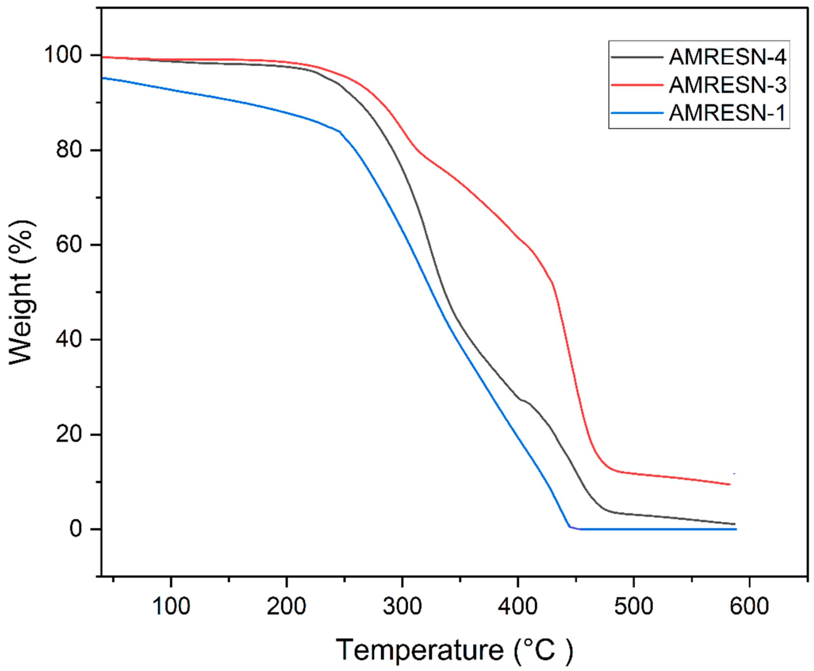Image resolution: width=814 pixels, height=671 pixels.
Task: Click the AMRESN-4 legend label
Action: [727, 57]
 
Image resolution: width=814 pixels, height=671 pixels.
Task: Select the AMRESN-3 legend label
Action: [727, 85]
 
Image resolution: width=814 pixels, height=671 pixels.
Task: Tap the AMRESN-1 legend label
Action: [727, 113]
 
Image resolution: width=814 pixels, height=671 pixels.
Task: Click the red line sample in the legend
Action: [637, 85]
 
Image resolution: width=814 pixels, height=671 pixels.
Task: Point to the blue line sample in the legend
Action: [637, 113]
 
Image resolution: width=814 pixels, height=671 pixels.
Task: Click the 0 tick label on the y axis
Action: [76, 529]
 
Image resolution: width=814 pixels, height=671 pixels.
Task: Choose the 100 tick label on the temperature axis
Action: [171, 606]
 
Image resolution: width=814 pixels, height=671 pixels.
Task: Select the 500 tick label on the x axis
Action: [633, 606]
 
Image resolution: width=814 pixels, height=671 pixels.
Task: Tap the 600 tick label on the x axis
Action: [749, 606]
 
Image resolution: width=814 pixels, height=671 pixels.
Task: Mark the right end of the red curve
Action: [729, 484]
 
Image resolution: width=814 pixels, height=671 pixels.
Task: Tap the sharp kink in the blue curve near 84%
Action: [340, 132]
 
